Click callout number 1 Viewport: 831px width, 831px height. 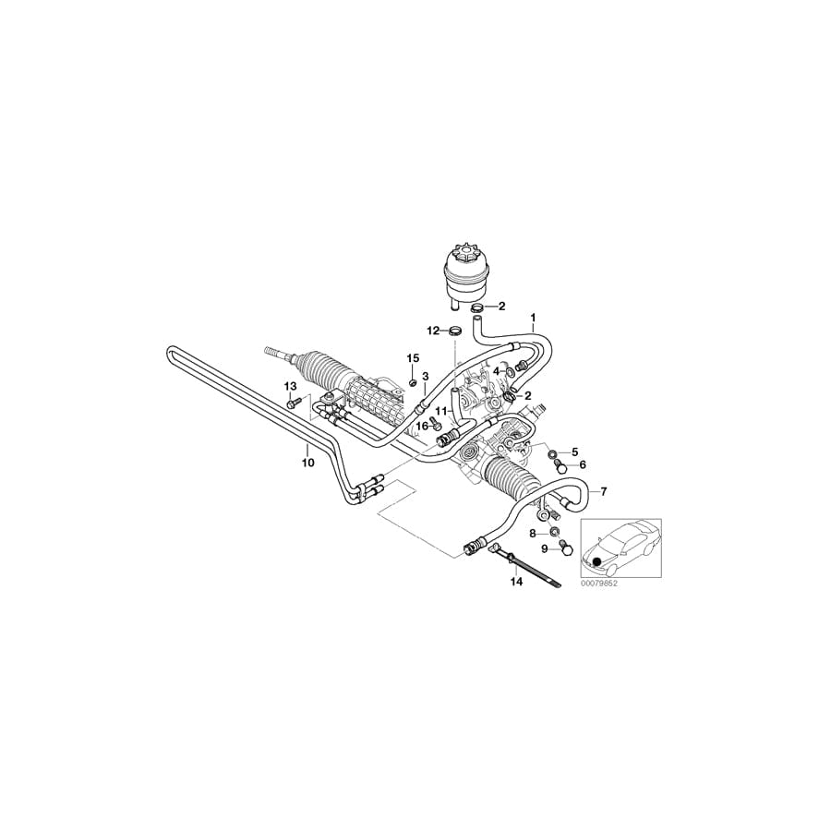click(534, 318)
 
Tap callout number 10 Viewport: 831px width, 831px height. click(307, 463)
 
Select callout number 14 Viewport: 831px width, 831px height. click(516, 582)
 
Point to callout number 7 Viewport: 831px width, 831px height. click(604, 491)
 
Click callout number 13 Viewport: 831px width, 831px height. click(291, 386)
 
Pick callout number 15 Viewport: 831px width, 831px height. click(413, 359)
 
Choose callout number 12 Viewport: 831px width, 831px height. click(434, 331)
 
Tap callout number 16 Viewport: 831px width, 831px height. click(422, 426)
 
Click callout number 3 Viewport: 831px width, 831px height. click(425, 377)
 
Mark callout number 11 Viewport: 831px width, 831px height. click(441, 411)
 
